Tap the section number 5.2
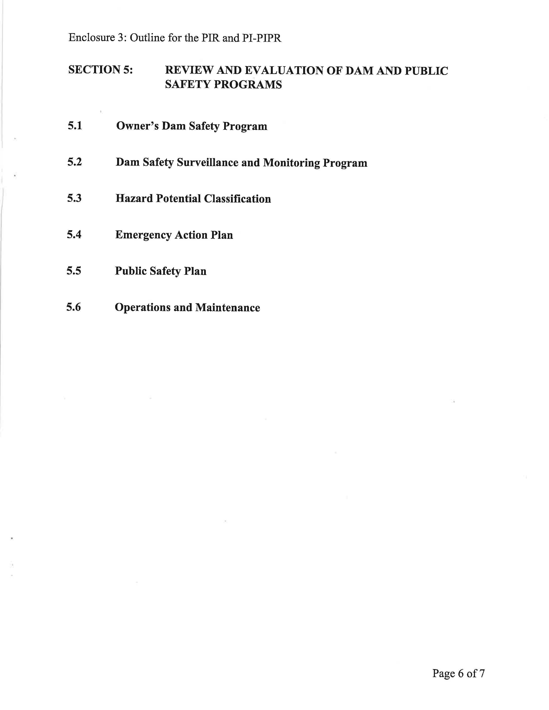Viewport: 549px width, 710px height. coord(74,162)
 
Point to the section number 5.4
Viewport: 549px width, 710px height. coord(74,234)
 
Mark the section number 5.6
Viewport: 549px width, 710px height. coord(73,307)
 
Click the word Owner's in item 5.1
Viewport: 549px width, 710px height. coord(137,126)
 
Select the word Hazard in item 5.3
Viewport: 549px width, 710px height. coord(134,198)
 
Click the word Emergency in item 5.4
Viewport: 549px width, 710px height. coord(143,235)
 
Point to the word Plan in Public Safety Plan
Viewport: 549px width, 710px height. coord(195,271)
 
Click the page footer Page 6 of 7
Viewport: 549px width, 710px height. coord(458,673)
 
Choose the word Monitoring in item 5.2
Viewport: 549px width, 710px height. coord(291,162)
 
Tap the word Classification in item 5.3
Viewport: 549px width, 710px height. coord(237,199)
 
